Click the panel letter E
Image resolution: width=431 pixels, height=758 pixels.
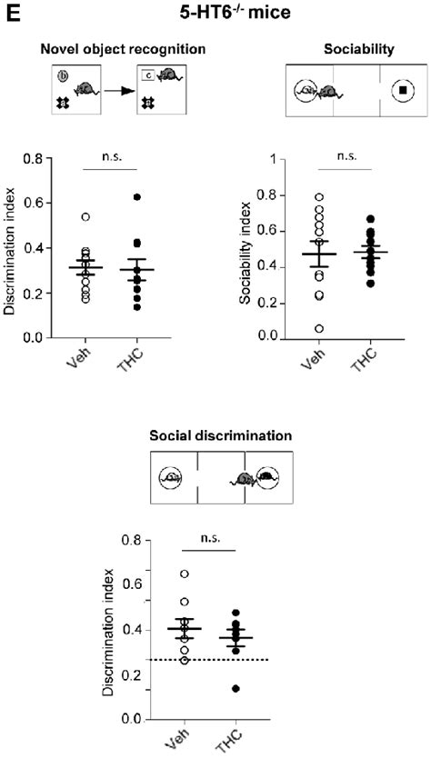tap(9, 12)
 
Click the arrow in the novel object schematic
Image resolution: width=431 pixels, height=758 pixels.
tap(116, 91)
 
